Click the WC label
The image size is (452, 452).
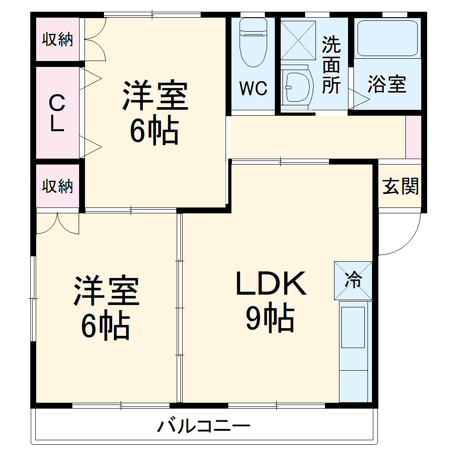[253, 89]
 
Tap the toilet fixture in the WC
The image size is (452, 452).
[253, 43]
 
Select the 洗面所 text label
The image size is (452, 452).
[331, 66]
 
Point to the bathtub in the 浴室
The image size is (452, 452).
[387, 38]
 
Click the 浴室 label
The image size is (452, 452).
[387, 85]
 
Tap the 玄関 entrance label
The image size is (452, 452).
[400, 186]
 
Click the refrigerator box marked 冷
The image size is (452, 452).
[353, 281]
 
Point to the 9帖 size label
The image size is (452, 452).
[270, 319]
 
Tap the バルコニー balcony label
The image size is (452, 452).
[204, 426]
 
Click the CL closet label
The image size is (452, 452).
[57, 113]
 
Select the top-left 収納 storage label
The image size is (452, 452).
[58, 40]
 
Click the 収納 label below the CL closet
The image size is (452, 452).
[58, 186]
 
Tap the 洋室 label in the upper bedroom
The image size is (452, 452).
[155, 96]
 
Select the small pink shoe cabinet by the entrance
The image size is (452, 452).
[414, 137]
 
